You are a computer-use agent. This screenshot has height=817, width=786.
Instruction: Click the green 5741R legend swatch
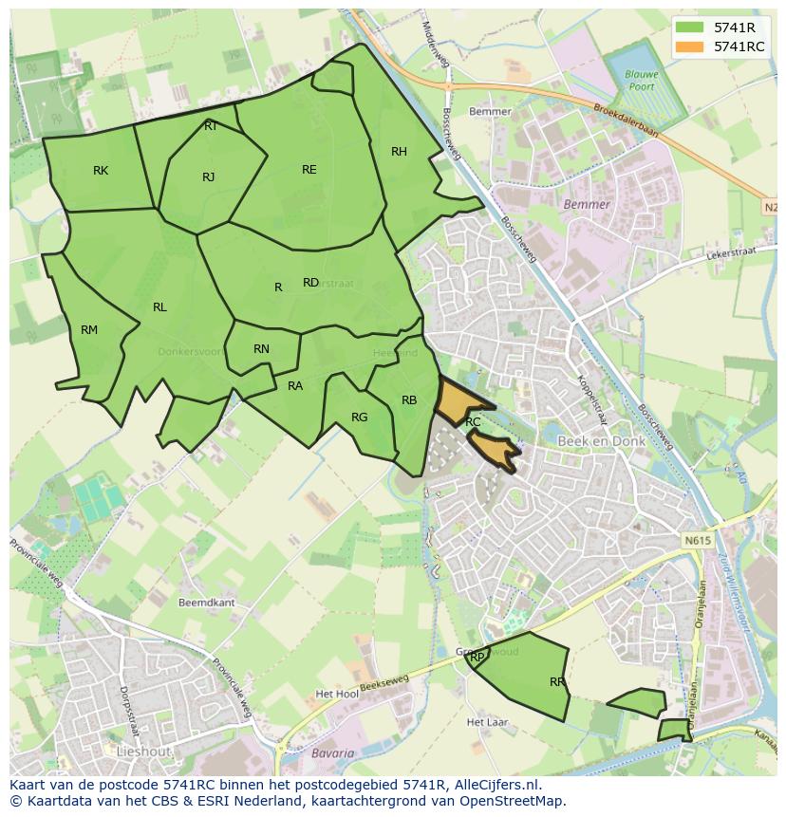click(690, 27)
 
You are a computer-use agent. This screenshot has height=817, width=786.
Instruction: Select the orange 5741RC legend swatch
click(690, 46)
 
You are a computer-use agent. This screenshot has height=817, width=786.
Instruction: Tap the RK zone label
click(101, 171)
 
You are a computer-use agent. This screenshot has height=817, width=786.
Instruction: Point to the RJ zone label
click(209, 176)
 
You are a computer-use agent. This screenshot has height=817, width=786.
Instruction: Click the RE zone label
click(309, 170)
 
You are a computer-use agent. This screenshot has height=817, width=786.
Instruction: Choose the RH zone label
click(399, 152)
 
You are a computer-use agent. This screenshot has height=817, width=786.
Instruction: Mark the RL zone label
click(159, 307)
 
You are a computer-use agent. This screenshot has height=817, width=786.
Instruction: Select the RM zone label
click(89, 330)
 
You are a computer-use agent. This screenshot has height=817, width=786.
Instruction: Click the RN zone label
click(261, 349)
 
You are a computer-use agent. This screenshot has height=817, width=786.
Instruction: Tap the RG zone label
click(359, 418)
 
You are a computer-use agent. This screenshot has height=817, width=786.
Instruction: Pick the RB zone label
click(409, 400)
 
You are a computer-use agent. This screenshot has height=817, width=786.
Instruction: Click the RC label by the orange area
click(473, 421)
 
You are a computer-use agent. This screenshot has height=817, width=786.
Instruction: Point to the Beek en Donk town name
click(601, 442)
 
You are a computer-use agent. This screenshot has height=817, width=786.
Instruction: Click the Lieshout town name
click(141, 751)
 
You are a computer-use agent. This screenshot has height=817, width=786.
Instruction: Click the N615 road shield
click(696, 541)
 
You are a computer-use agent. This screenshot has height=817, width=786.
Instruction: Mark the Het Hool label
click(337, 695)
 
